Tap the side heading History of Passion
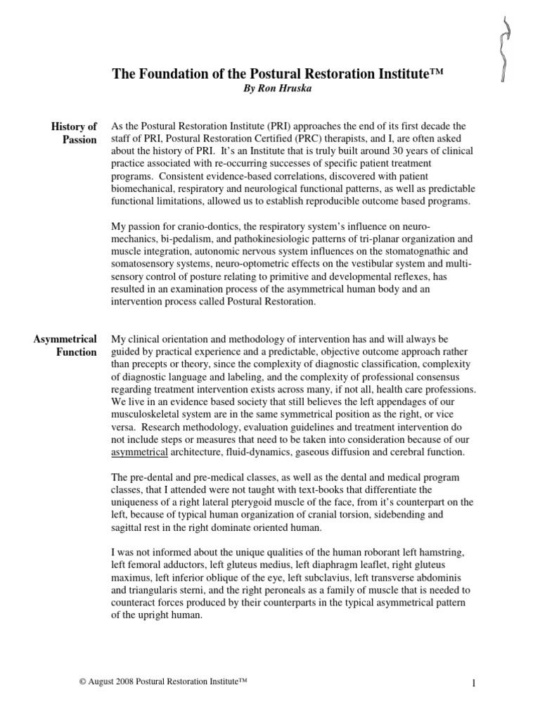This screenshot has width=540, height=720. coord(74,133)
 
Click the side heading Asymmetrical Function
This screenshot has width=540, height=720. coord(65,346)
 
